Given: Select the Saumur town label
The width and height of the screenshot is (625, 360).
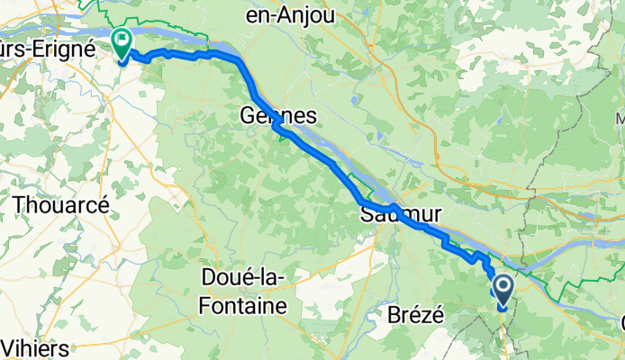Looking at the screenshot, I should pyautogui.click(x=401, y=215).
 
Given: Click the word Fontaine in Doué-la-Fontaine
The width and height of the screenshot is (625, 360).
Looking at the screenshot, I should pyautogui.click(x=236, y=305).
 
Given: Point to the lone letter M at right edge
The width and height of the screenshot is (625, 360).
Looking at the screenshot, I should pyautogui.click(x=620, y=118).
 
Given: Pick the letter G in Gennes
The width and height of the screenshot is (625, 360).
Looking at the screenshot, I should pyautogui.click(x=247, y=116).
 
